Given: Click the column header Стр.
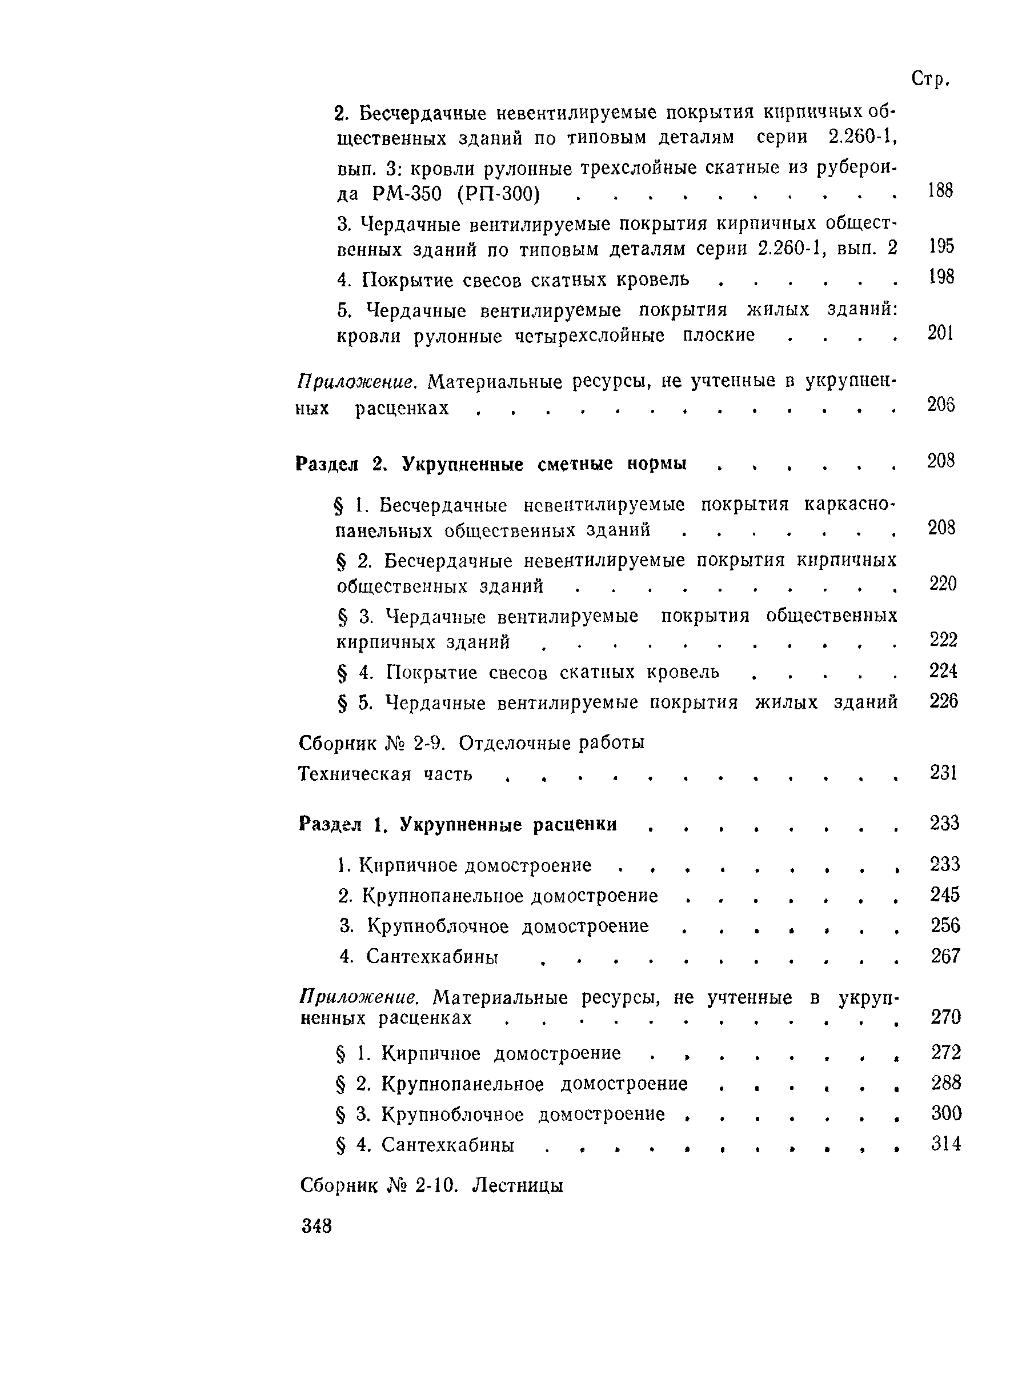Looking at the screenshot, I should [x=930, y=79].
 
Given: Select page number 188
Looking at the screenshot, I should [x=940, y=190].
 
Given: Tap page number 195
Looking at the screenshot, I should [x=941, y=246].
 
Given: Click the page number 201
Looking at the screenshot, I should [x=940, y=333].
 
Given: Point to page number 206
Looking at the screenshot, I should [x=940, y=404].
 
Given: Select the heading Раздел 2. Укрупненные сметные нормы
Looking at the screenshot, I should [x=491, y=464].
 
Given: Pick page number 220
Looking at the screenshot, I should [x=943, y=584].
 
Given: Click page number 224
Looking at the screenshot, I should [x=943, y=670].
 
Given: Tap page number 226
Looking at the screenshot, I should [x=943, y=701].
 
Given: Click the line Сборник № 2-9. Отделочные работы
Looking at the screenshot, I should [x=471, y=743].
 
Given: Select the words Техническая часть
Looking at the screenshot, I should [x=386, y=774].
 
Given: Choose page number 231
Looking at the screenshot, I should [x=943, y=773].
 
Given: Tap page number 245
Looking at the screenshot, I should [x=944, y=894].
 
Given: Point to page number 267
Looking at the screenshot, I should [x=945, y=956].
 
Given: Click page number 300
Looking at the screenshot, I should [x=946, y=1113].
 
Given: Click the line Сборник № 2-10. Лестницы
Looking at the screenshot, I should [x=431, y=1185].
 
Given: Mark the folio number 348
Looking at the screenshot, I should [x=316, y=1226].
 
